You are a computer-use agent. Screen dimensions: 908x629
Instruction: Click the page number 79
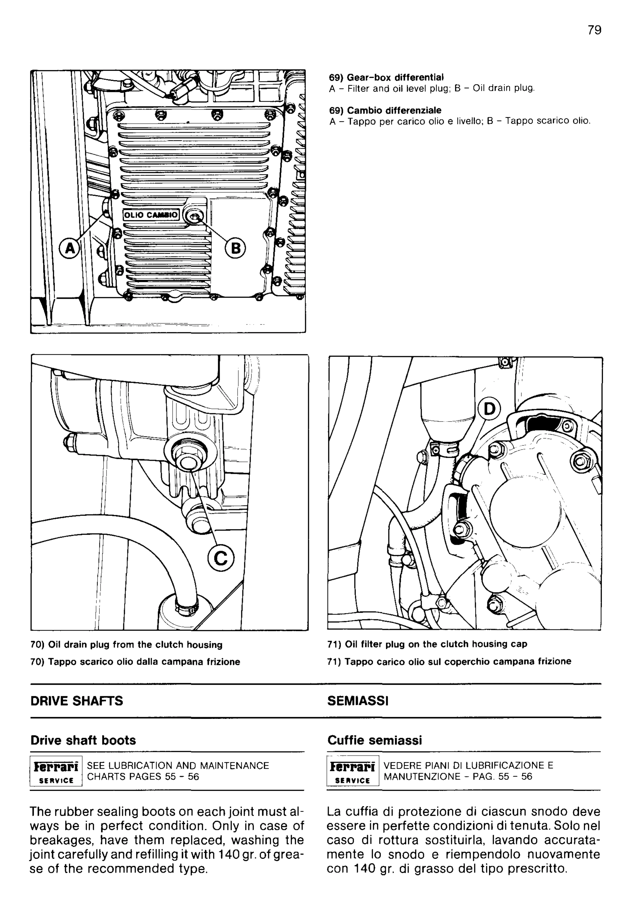click(x=594, y=30)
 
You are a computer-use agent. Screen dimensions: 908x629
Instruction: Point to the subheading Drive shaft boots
click(x=83, y=740)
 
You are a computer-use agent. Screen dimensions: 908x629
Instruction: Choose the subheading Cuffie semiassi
click(x=374, y=740)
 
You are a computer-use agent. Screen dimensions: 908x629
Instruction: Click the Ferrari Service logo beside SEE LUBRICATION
click(x=56, y=771)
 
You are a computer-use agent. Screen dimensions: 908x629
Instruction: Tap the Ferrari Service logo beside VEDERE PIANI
click(x=353, y=771)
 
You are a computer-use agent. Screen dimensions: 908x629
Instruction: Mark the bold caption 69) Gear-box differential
click(x=386, y=77)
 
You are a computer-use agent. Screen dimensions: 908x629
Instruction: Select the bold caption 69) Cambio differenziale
click(x=385, y=110)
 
